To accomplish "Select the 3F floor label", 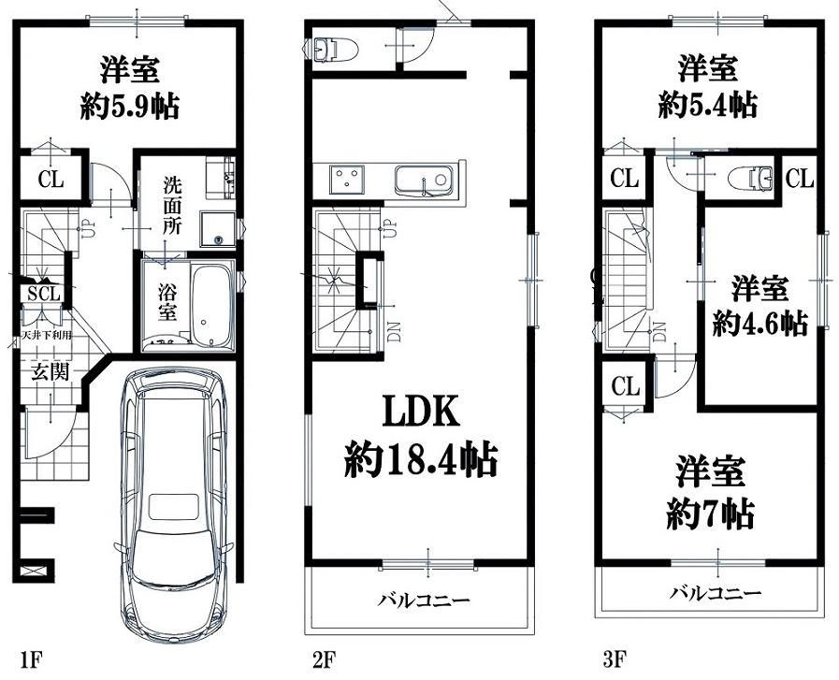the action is click(x=615, y=659).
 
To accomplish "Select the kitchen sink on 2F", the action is click(x=424, y=181).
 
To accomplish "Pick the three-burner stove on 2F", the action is click(x=347, y=180).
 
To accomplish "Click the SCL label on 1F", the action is click(x=44, y=293).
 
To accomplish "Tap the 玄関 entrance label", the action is click(x=51, y=370).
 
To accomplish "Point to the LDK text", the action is click(x=422, y=411).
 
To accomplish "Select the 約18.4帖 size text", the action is click(x=421, y=459).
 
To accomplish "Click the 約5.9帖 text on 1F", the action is click(x=130, y=107).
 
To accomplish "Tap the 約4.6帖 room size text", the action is click(x=759, y=323).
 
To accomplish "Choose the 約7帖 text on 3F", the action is click(x=710, y=514).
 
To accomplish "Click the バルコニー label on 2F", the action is click(x=424, y=600).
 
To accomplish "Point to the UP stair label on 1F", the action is click(x=84, y=228).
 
